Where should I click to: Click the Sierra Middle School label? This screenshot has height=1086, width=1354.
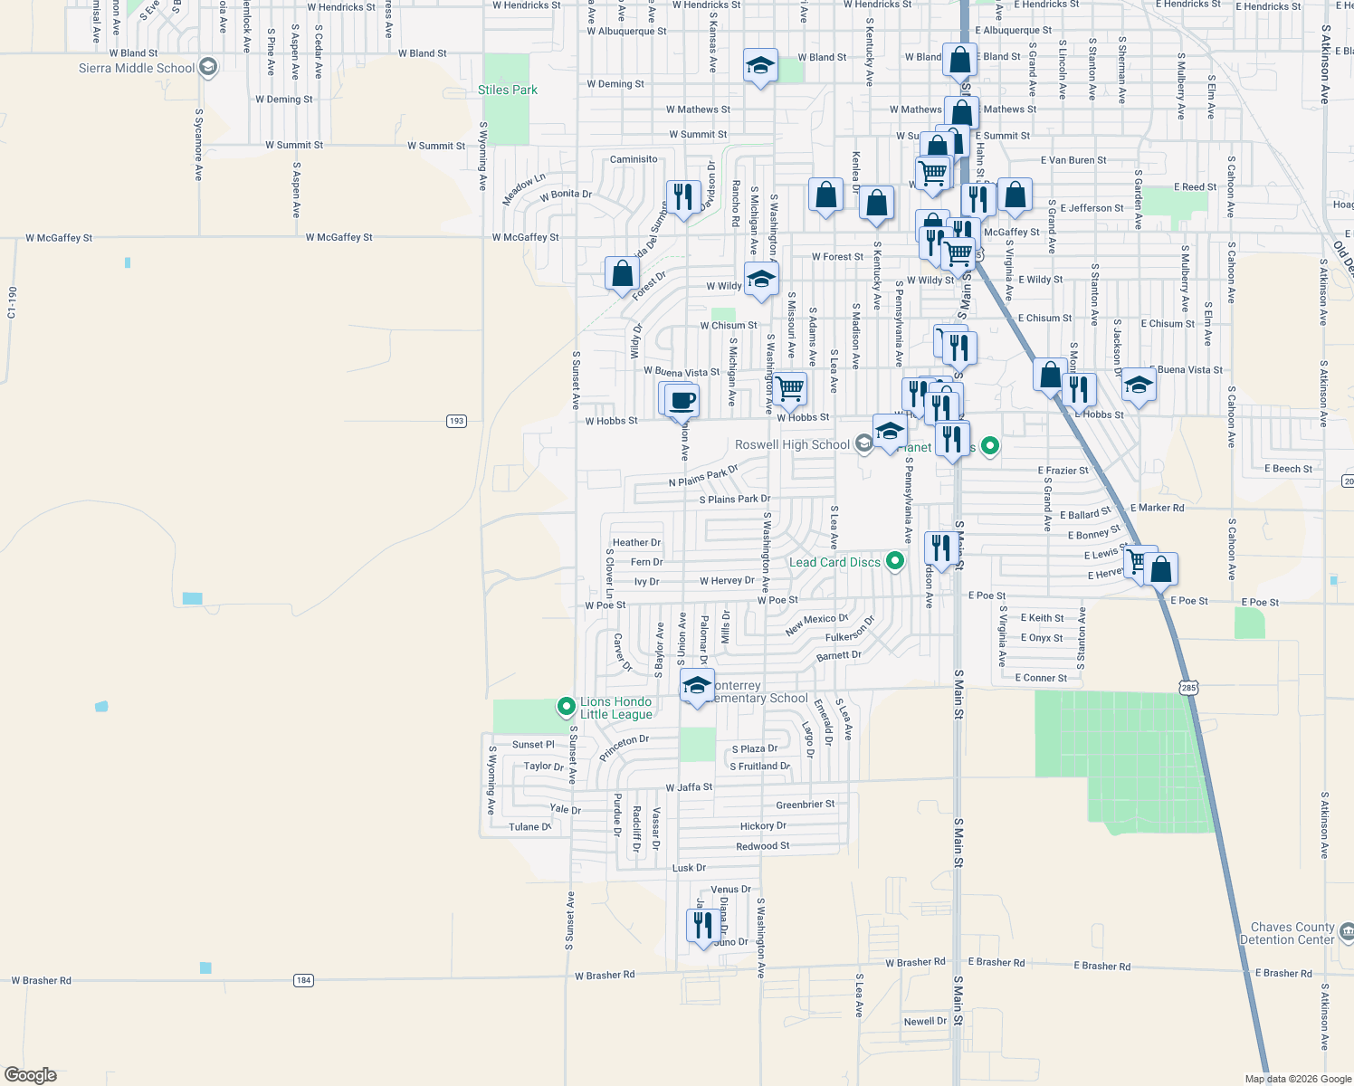[x=137, y=68]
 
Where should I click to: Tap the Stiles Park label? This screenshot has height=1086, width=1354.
[x=508, y=90]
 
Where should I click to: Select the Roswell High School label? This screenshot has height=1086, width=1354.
[x=792, y=444]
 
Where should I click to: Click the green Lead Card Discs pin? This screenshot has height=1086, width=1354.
[x=895, y=561]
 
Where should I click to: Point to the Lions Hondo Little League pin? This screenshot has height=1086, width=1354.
[x=567, y=706]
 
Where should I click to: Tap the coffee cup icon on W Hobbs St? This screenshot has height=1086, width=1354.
[x=682, y=401]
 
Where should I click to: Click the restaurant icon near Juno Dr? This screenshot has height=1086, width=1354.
[x=703, y=926]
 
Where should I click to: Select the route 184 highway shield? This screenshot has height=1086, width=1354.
[x=303, y=980]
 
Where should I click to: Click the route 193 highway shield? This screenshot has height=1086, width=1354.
[x=456, y=421]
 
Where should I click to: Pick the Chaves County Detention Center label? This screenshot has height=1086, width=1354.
[x=1292, y=933]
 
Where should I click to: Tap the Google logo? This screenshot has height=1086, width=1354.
[x=31, y=1075]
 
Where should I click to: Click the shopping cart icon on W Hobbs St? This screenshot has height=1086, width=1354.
[x=790, y=388]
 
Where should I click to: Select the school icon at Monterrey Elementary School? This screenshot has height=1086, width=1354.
[x=697, y=685]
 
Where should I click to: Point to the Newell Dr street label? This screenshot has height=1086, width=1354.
[x=925, y=1022]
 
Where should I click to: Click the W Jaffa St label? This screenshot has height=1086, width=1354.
[x=689, y=787]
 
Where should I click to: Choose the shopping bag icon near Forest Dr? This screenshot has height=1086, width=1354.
[x=623, y=272]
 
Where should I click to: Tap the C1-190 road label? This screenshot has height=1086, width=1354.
[x=12, y=302]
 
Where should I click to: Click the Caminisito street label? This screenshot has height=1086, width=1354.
[x=634, y=159]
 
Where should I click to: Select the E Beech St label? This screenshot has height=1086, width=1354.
[x=1288, y=469]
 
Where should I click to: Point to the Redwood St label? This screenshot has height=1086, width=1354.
[x=762, y=846]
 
